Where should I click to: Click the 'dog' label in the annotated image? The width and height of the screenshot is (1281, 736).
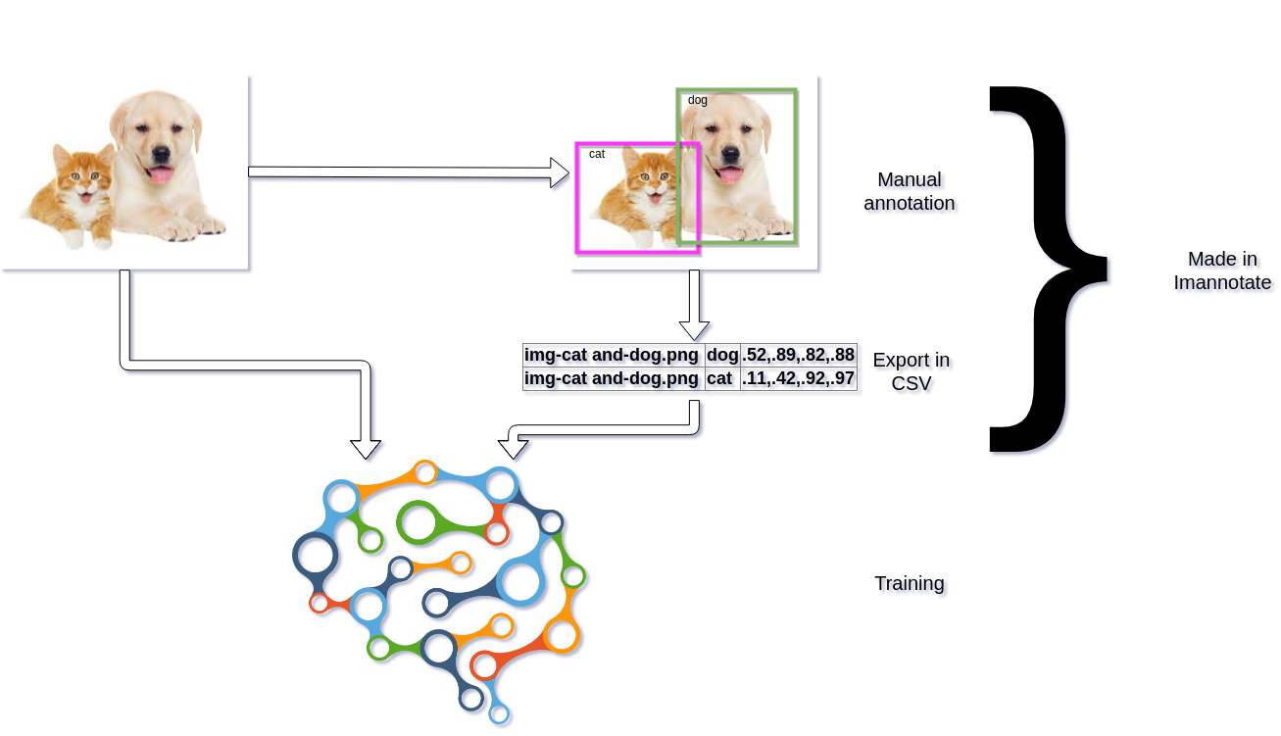(x=697, y=100)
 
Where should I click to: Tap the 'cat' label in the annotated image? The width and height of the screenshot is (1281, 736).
(x=597, y=154)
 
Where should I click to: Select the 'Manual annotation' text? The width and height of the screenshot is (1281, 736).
(x=909, y=191)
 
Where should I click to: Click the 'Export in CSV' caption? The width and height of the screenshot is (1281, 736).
(x=911, y=371)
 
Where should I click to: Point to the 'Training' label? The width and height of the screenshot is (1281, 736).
(x=909, y=584)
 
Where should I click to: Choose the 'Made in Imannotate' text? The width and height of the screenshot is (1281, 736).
(x=1221, y=270)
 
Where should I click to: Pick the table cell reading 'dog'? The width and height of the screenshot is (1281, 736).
(x=722, y=355)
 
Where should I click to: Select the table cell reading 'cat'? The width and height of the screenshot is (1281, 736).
(x=719, y=378)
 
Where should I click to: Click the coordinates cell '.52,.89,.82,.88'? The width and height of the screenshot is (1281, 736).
(x=799, y=355)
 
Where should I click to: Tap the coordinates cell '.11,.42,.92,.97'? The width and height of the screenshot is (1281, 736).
(x=799, y=378)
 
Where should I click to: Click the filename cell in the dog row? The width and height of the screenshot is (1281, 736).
(x=614, y=355)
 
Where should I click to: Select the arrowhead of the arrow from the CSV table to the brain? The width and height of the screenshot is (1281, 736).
(x=513, y=446)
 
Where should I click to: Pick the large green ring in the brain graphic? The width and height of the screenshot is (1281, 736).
(x=418, y=522)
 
